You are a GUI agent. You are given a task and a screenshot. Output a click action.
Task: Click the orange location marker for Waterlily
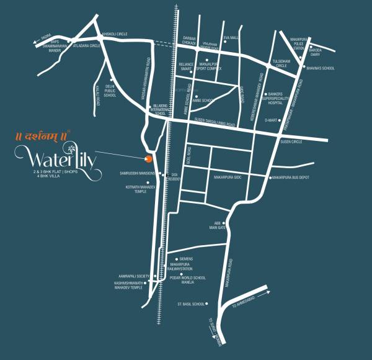(148, 155)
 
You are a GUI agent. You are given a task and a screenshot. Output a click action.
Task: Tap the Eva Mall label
(231, 37)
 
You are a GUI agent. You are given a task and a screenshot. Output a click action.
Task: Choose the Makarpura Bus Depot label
(291, 178)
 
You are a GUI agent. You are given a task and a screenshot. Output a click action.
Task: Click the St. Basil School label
(190, 304)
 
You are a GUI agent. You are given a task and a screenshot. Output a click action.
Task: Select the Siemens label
(186, 258)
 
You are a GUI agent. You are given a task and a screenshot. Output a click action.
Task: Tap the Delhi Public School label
(110, 91)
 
